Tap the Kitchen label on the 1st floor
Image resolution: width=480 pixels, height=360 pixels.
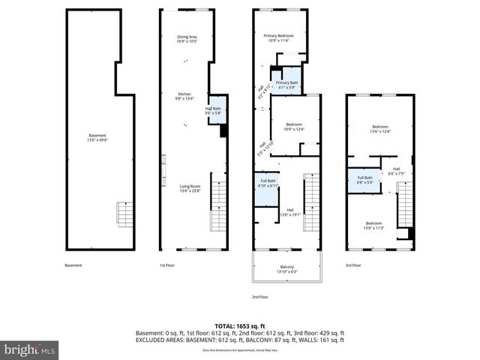pos(184,96)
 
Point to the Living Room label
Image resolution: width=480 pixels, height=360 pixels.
pos(189,188)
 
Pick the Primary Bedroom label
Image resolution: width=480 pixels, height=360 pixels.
pos(279,38)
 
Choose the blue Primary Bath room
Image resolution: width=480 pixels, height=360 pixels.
pos(286,84)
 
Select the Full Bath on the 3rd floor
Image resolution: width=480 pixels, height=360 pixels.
pos(364,180)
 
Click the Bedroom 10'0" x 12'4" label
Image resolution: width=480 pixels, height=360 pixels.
pos(294,127)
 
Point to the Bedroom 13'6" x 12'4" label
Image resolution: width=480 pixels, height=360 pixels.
pos(381,130)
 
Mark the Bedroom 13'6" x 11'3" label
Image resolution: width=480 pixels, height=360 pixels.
pos(374,225)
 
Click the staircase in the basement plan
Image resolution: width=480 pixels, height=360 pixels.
pos(125,215)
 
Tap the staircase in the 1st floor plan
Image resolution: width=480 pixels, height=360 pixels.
pos(218,202)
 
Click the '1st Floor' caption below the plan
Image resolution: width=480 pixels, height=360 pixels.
pos(166,265)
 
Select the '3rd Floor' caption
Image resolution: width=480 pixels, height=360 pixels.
pos(352,265)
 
